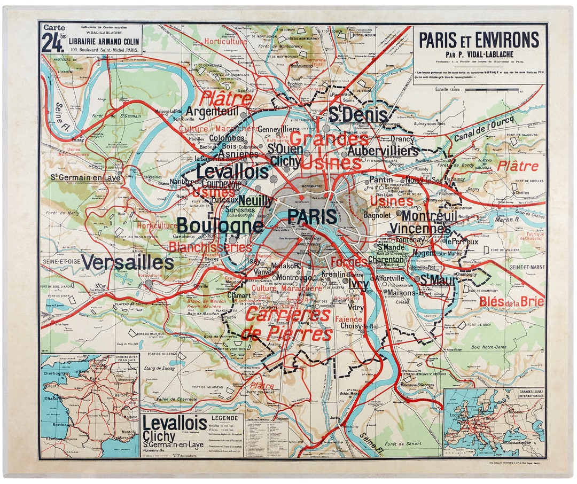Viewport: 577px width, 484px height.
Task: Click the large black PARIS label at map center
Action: pyautogui.click(x=312, y=216)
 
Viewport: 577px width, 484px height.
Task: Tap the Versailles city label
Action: pyautogui.click(x=128, y=262)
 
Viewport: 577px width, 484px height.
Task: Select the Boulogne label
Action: pyautogui.click(x=220, y=226)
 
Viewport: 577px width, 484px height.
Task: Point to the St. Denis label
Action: pyautogui.click(x=358, y=114)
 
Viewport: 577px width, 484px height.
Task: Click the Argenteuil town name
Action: pyautogui.click(x=212, y=111)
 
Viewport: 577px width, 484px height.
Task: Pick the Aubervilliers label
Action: pyautogui.click(x=383, y=151)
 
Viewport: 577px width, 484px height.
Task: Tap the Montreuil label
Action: pyautogui.click(x=429, y=215)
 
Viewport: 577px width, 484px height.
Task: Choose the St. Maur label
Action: pyautogui.click(x=438, y=280)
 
